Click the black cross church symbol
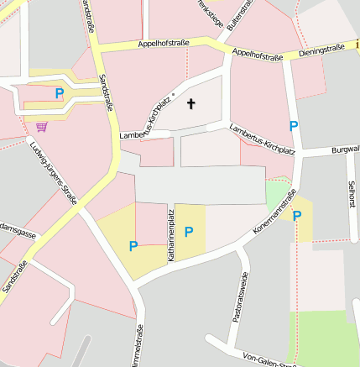click(x=190, y=104)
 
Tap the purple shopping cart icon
click(x=41, y=127)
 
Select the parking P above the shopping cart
click(x=59, y=94)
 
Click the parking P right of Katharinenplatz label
click(x=189, y=231)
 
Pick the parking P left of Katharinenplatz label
click(x=133, y=246)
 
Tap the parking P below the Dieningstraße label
click(x=293, y=126)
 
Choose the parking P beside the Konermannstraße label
click(x=297, y=215)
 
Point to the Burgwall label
click(x=344, y=150)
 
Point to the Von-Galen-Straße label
click(x=269, y=359)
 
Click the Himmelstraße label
click(x=138, y=345)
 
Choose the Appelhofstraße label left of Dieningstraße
click(x=257, y=55)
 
